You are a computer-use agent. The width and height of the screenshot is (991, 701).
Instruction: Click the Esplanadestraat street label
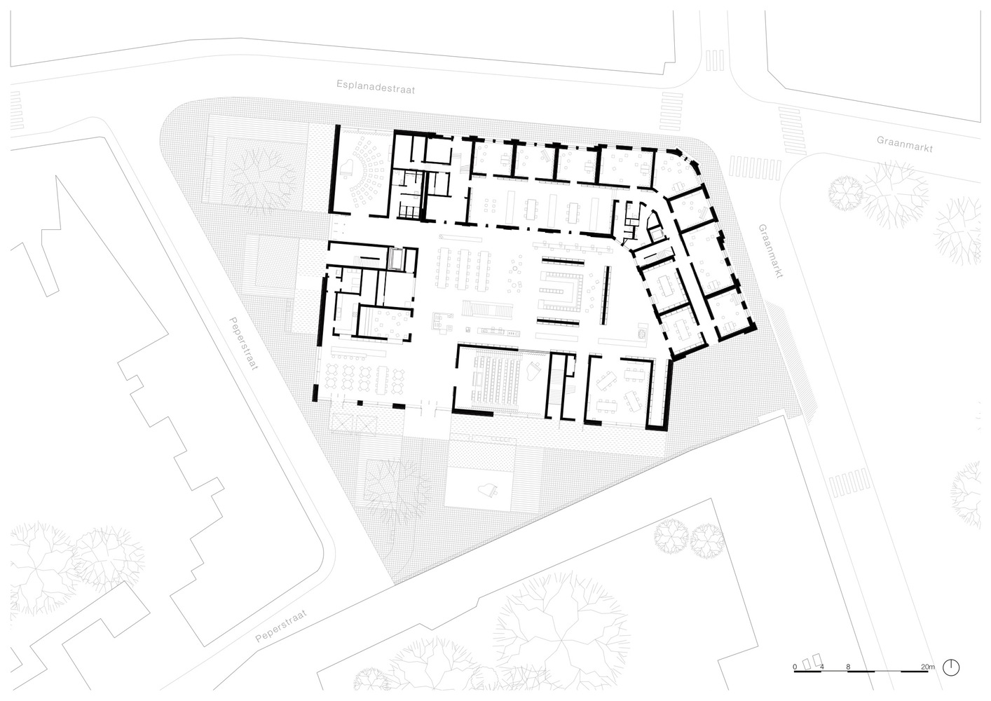pyautogui.click(x=376, y=87)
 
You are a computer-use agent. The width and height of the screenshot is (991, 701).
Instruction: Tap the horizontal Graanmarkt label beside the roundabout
pyautogui.click(x=905, y=144)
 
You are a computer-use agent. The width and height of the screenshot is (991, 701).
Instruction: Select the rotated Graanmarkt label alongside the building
pyautogui.click(x=771, y=251)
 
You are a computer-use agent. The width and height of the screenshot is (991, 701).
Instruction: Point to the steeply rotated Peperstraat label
pyautogui.click(x=243, y=343)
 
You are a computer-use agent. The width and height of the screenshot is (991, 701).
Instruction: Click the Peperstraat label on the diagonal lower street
pyautogui.click(x=281, y=626)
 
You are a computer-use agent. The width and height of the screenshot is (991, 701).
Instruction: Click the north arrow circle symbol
pyautogui.click(x=951, y=679)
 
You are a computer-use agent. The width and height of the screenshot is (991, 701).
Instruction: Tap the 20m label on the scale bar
pyautogui.click(x=928, y=679)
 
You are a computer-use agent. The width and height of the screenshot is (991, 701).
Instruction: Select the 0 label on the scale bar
pyautogui.click(x=795, y=679)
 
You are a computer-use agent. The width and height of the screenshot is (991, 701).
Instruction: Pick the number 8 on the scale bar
pyautogui.click(x=848, y=679)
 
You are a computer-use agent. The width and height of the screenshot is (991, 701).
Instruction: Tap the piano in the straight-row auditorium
pyautogui.click(x=533, y=368)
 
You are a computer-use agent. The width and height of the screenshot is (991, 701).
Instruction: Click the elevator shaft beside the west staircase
pyautogui.click(x=395, y=259)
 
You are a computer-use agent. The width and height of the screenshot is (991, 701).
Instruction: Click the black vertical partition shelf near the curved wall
pyautogui.click(x=606, y=294)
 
